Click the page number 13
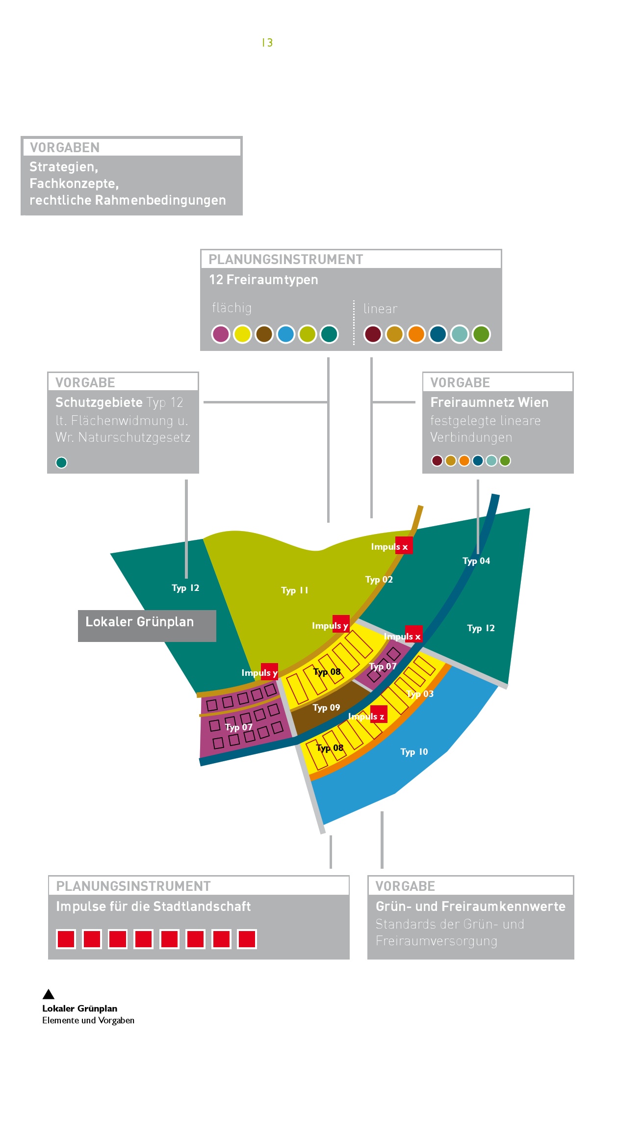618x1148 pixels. (267, 43)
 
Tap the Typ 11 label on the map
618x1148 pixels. (294, 590)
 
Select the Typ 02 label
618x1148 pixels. (379, 580)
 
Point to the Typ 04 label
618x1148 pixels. (476, 561)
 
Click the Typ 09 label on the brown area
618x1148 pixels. (326, 708)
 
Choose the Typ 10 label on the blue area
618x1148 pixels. (414, 752)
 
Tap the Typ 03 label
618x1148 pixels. (420, 694)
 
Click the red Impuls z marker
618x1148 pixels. (379, 714)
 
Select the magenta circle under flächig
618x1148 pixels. (221, 334)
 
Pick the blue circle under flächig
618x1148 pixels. (285, 334)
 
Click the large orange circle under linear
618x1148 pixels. (416, 334)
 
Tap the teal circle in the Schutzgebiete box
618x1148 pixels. (61, 462)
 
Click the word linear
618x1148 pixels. (380, 309)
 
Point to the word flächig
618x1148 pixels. (232, 308)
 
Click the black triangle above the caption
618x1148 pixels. (49, 994)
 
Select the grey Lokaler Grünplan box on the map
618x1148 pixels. (147, 626)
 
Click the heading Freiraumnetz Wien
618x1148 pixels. (489, 402)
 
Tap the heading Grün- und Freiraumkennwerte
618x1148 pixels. (470, 907)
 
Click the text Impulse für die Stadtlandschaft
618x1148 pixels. (153, 907)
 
